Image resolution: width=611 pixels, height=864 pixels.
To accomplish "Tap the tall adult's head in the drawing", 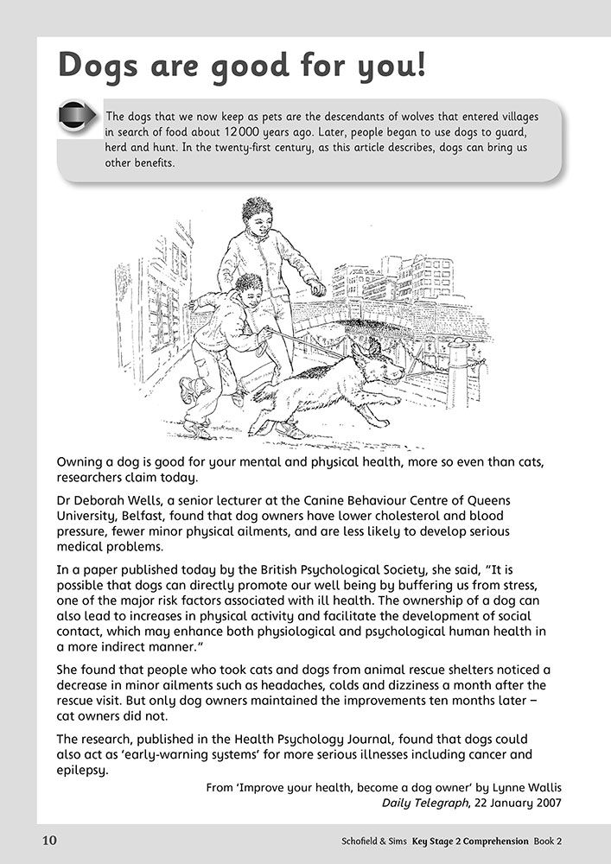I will [x=256, y=215].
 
